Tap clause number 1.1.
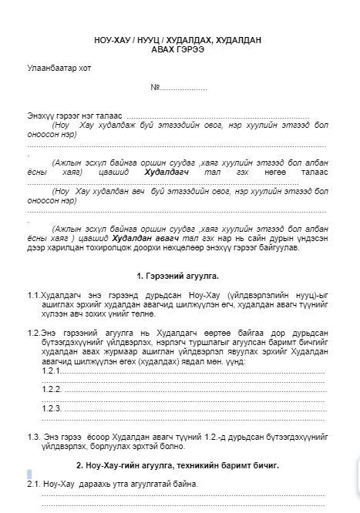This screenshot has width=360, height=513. click(x=33, y=296)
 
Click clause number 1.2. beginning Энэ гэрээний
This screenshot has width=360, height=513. click(x=33, y=332)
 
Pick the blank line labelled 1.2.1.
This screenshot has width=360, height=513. click(x=185, y=370)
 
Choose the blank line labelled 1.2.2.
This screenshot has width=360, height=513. click(x=185, y=390)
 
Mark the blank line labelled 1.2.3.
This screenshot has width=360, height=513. click(x=185, y=408)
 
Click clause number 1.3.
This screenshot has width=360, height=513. click(x=33, y=437)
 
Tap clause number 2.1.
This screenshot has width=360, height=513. click(x=33, y=484)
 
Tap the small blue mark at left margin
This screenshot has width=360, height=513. click(x=29, y=474)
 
